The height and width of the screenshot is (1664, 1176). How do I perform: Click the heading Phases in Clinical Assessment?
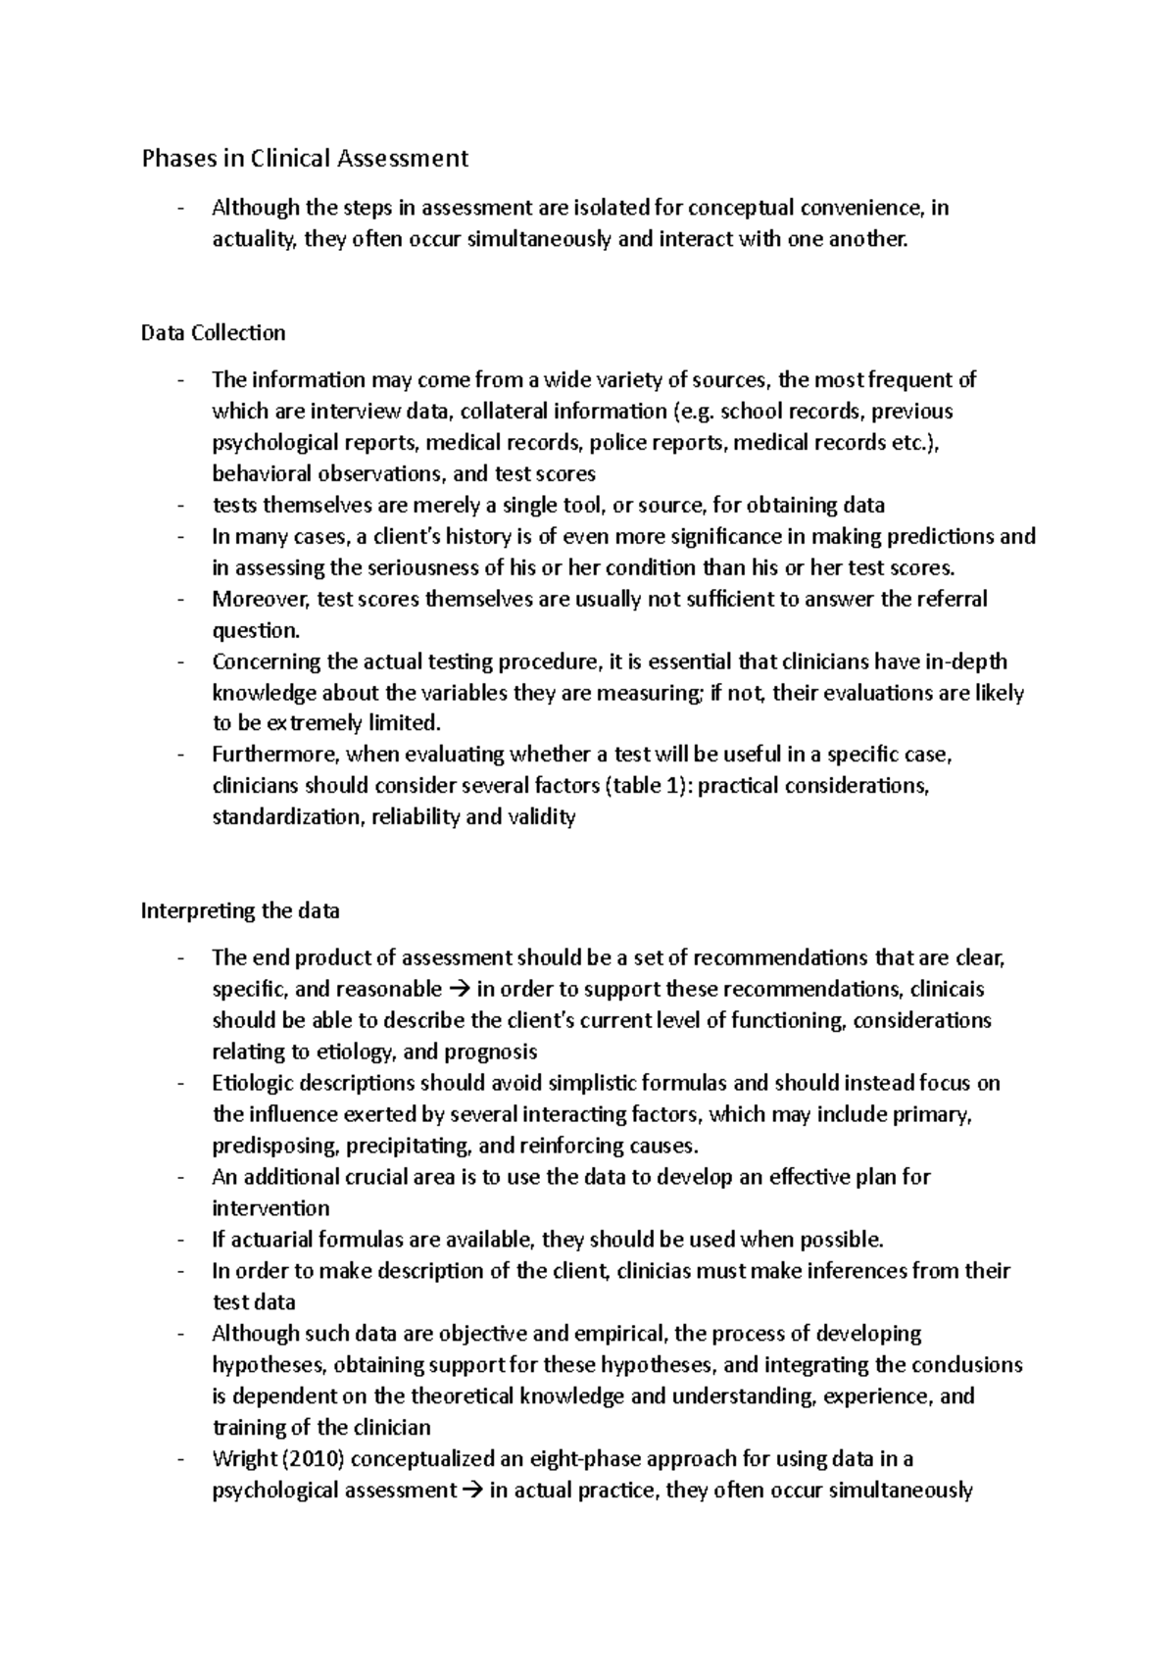(x=305, y=158)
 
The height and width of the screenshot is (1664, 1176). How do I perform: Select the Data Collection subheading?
(x=214, y=333)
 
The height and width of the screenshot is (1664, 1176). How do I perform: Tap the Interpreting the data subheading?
(x=240, y=911)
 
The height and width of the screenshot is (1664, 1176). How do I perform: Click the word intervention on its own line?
(x=270, y=1208)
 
